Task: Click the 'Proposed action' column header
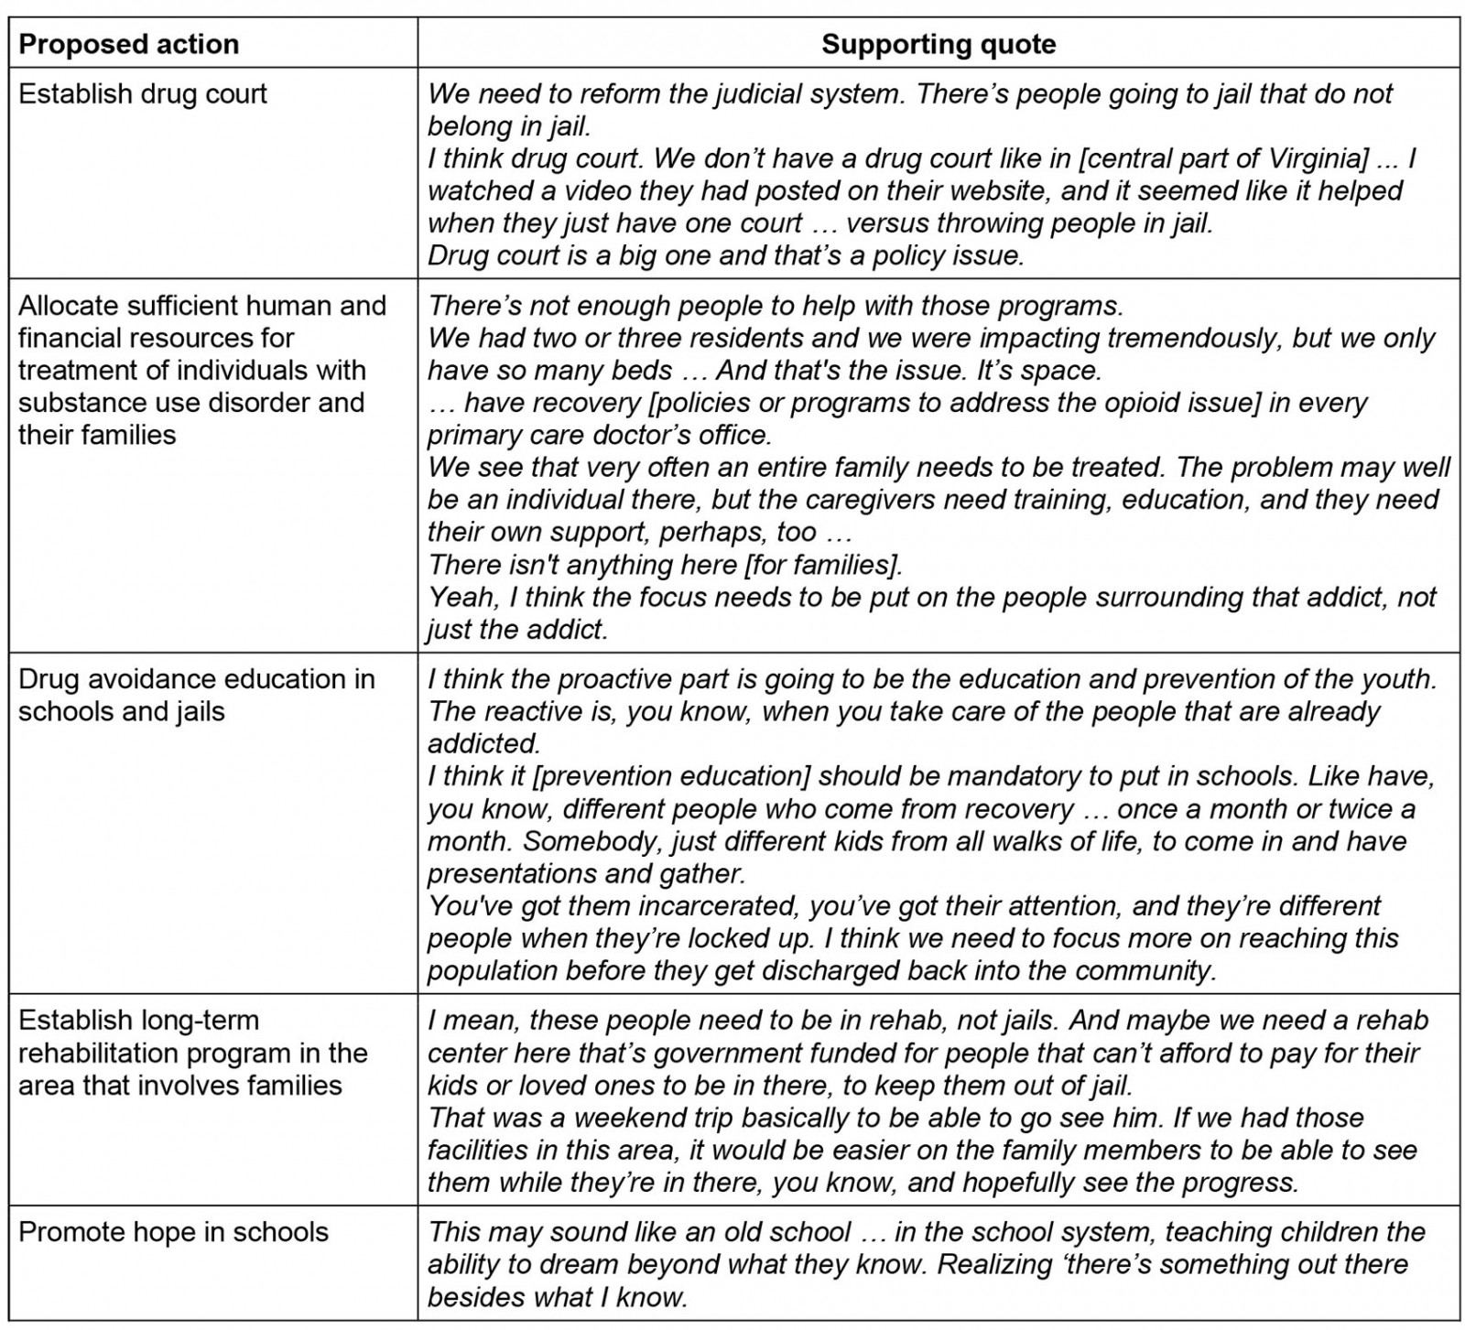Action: coord(128,44)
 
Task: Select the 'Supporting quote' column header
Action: coord(939,44)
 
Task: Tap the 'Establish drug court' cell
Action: coord(143,93)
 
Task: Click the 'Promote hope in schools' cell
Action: coord(173,1232)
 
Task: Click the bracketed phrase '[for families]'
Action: coord(824,565)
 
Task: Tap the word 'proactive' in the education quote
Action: coord(619,679)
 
